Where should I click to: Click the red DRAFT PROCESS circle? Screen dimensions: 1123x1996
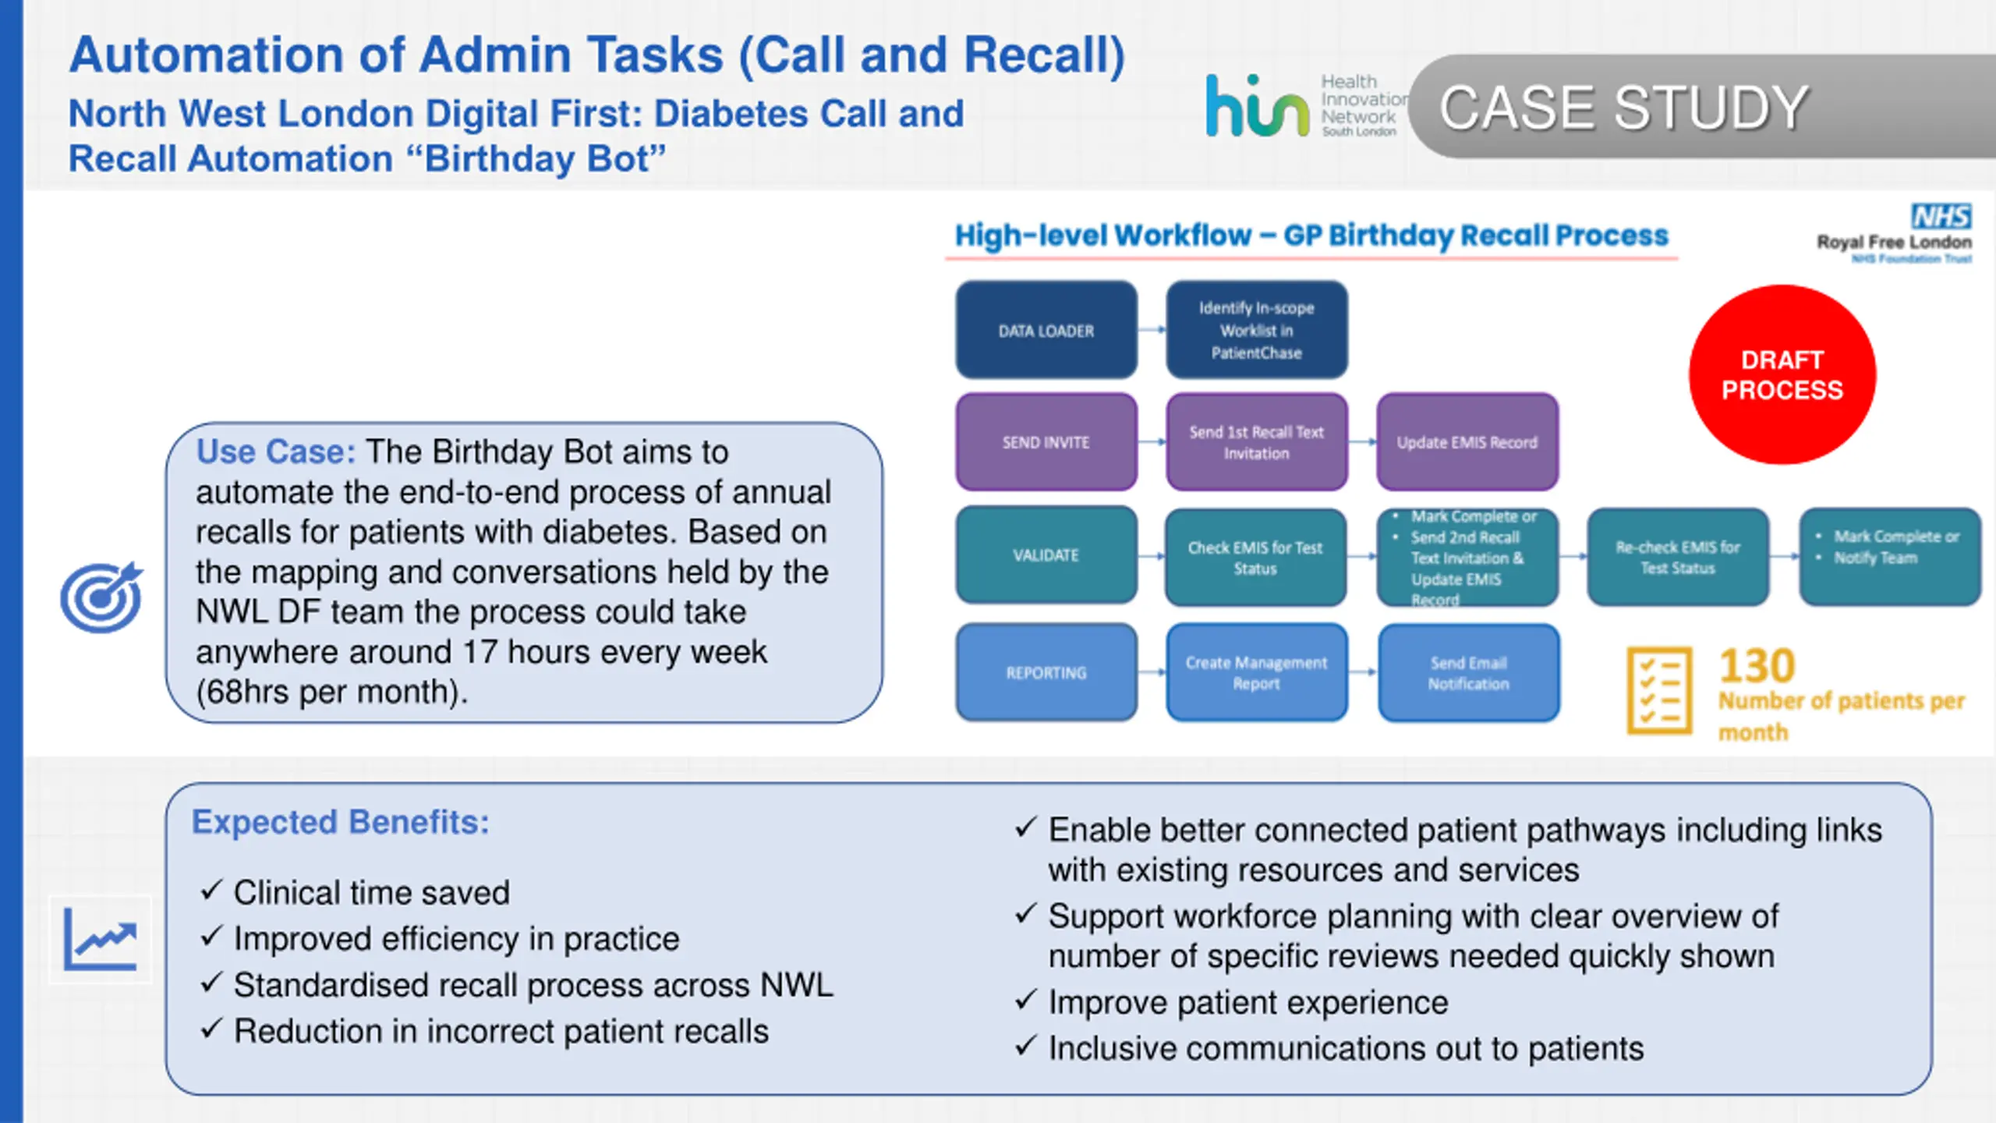pyautogui.click(x=1782, y=374)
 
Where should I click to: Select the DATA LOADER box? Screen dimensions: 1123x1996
pyautogui.click(x=1046, y=330)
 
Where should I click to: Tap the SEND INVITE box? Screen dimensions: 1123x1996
pyautogui.click(x=1046, y=442)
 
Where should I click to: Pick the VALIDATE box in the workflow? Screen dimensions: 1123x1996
pyautogui.click(x=1046, y=554)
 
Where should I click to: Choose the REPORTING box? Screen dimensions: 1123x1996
pyautogui.click(x=1046, y=672)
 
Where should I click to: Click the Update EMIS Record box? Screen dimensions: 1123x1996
pyautogui.click(x=1467, y=442)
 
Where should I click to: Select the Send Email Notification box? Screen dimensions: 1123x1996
pyautogui.click(x=1469, y=672)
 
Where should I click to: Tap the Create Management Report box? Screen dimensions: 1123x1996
pyautogui.click(x=1257, y=672)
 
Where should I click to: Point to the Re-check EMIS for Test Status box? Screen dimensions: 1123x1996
pyautogui.click(x=1678, y=557)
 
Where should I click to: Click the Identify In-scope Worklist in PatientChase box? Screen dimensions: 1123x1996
pyautogui.click(x=1257, y=330)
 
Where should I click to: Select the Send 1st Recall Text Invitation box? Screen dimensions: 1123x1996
pyautogui.click(x=1257, y=442)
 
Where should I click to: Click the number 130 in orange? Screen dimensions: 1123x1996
pyautogui.click(x=1757, y=666)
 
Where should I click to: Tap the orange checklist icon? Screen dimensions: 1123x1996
pyautogui.click(x=1659, y=691)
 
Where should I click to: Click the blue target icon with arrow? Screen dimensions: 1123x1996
pyautogui.click(x=102, y=597)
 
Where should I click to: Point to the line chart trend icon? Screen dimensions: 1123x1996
pyautogui.click(x=101, y=939)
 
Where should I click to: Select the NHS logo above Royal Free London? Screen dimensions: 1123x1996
pyautogui.click(x=1941, y=216)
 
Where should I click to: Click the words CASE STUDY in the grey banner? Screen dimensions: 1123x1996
pyautogui.click(x=1623, y=108)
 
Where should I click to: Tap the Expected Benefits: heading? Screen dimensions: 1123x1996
pyautogui.click(x=341, y=822)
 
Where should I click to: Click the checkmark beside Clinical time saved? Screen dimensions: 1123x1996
pyautogui.click(x=212, y=890)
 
